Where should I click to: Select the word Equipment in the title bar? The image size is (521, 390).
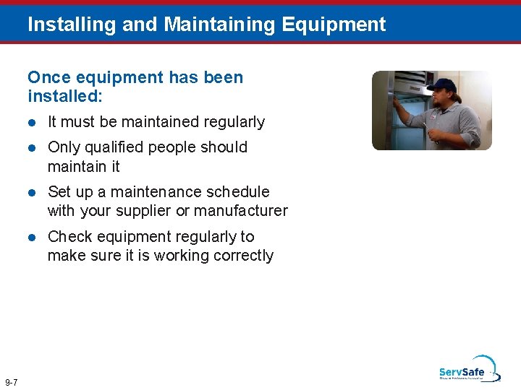(x=334, y=25)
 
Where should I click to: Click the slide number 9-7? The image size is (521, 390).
(x=12, y=382)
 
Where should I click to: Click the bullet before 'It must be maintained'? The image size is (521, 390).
(x=32, y=123)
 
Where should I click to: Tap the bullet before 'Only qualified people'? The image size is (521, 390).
(x=32, y=147)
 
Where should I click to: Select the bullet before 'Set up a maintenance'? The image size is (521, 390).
(x=32, y=192)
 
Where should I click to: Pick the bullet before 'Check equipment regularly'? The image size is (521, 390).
(x=32, y=237)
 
